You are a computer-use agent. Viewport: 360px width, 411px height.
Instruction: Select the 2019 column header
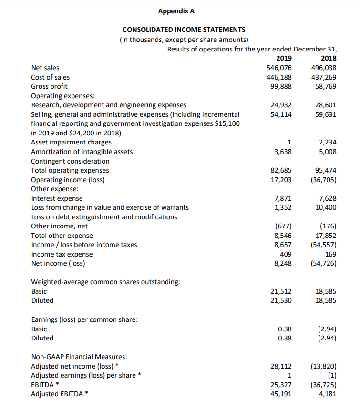284,59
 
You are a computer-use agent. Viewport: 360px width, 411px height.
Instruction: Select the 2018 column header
329,59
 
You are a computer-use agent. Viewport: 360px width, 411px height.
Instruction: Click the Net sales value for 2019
279,68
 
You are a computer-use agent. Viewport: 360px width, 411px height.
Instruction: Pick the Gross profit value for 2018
326,86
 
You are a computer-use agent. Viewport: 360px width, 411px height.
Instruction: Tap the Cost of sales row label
50,77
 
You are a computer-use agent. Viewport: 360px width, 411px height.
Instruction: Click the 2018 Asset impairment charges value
329,142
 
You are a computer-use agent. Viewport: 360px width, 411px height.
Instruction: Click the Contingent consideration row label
70,161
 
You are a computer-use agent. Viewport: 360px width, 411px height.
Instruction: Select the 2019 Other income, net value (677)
283,226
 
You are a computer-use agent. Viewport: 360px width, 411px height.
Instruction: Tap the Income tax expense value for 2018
331,254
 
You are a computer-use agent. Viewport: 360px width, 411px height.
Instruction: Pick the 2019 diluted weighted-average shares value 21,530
281,300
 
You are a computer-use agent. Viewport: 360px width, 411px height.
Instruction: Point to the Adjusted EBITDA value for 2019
281,394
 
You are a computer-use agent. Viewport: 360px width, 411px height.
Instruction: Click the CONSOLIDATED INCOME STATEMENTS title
184,30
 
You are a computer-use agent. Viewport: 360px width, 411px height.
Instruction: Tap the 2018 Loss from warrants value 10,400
326,207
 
